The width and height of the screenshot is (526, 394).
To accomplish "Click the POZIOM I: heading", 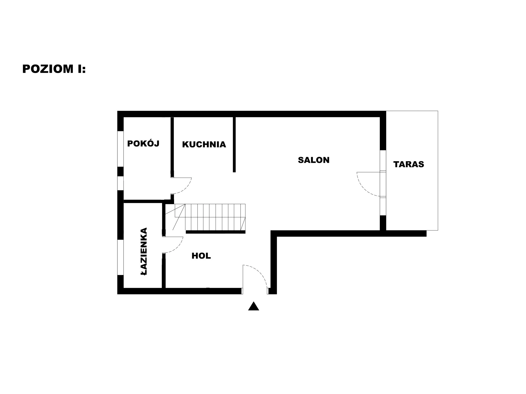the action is [54, 69].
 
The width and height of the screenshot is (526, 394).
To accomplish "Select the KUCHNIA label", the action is [204, 144].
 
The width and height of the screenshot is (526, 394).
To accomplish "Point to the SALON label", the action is [314, 160].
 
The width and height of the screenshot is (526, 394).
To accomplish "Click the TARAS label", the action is [409, 164].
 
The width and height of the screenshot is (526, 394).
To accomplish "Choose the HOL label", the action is [201, 256].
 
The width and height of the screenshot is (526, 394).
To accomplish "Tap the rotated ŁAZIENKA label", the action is [144, 251].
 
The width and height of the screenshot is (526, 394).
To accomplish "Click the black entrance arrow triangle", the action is [254, 307].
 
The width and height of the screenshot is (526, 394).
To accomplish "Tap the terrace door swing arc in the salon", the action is [362, 189].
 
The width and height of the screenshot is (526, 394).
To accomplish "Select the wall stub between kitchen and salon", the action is [234, 144].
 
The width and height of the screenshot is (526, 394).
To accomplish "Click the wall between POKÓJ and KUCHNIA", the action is [172, 147].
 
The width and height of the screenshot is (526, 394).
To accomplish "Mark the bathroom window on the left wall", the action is [120, 257].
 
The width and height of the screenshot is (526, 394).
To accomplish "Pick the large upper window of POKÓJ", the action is [120, 149].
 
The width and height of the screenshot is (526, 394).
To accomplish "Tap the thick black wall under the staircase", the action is [216, 232].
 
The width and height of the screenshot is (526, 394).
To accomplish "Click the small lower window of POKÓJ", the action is [120, 183].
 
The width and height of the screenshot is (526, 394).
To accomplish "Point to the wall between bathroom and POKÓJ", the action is [143, 201].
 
